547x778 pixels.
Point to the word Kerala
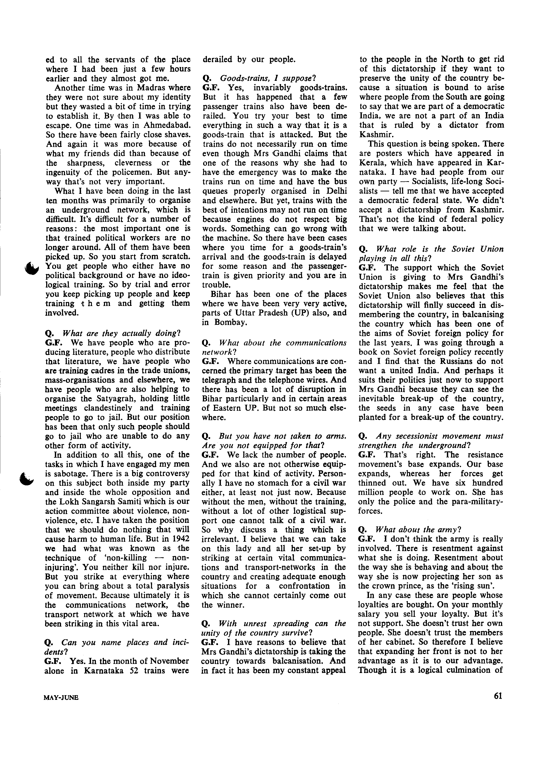[373, 163]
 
